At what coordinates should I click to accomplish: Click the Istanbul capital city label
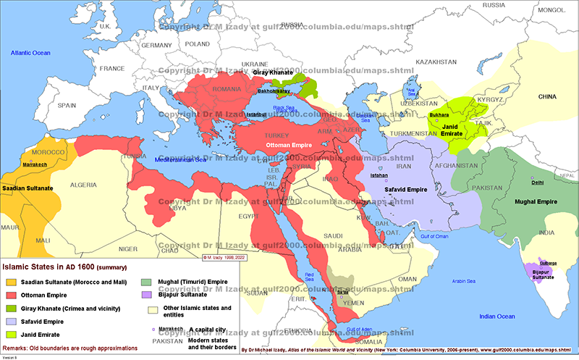pyautogui.click(x=257, y=114)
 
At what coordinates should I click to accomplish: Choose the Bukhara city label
pyautogui.click(x=439, y=114)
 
